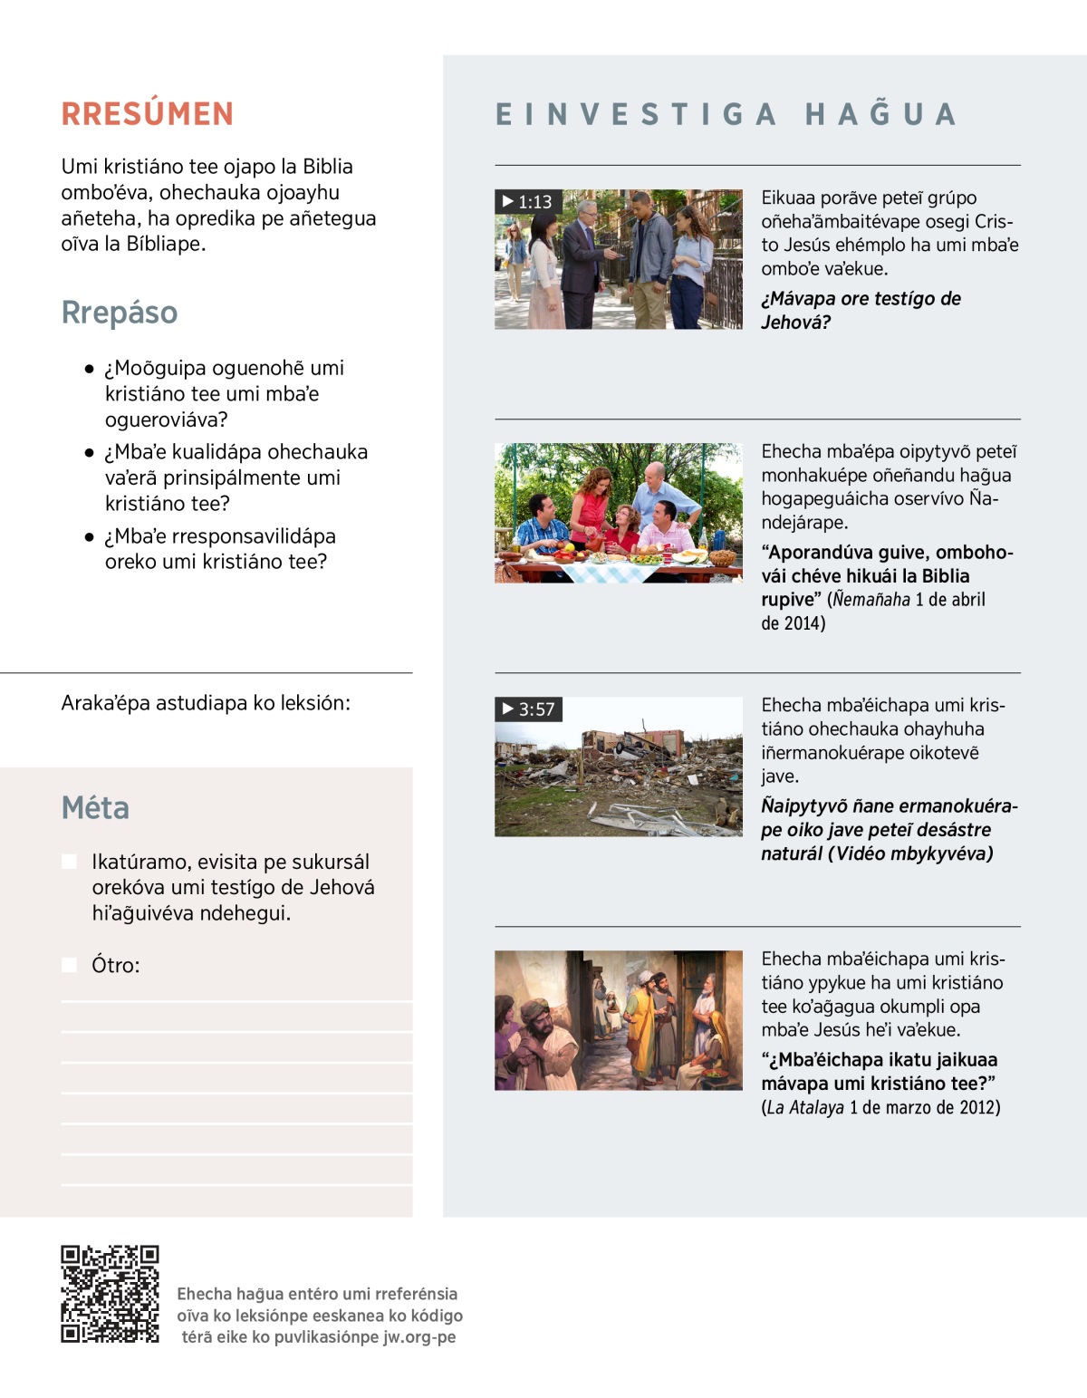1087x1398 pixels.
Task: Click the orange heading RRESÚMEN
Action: pyautogui.click(x=148, y=114)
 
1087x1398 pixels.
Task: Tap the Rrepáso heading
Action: pyautogui.click(x=120, y=313)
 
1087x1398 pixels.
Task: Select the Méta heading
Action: pyautogui.click(x=95, y=808)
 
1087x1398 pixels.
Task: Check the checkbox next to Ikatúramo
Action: pyautogui.click(x=69, y=862)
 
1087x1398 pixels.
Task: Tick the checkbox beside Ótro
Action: pyautogui.click(x=69, y=965)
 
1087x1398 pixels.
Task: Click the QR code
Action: pyautogui.click(x=110, y=1294)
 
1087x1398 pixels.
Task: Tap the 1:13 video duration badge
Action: pyautogui.click(x=528, y=202)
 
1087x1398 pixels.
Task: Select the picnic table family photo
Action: pyautogui.click(x=619, y=513)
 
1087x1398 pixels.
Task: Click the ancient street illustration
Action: pyautogui.click(x=619, y=1020)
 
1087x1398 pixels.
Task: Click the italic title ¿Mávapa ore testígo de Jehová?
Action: pyautogui.click(x=861, y=311)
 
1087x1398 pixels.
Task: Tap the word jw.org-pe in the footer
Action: pyautogui.click(x=419, y=1337)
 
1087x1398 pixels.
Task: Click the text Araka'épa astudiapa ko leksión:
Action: pyautogui.click(x=206, y=703)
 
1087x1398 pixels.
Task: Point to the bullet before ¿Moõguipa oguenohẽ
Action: pyautogui.click(x=90, y=370)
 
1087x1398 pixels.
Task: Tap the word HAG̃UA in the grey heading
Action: pyautogui.click(x=881, y=115)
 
